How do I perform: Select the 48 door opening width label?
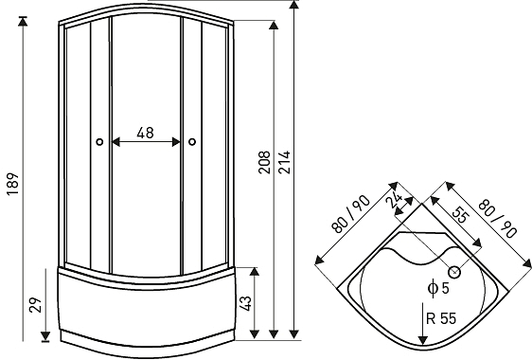(146, 134)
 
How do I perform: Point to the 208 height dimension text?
(263, 162)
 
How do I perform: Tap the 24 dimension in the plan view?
(396, 200)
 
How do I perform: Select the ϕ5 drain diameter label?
(438, 287)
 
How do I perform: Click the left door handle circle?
(98, 143)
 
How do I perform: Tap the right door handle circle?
(192, 143)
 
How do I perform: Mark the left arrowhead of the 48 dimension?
(115, 143)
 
